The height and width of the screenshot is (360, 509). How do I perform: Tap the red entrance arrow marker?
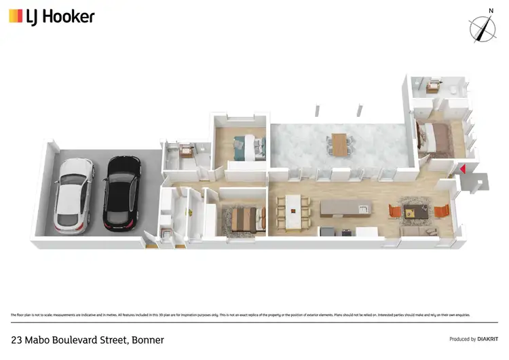pos(462,169)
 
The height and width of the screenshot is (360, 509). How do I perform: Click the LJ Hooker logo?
pos(52,16)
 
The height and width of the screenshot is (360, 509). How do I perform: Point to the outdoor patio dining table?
pos(339,145)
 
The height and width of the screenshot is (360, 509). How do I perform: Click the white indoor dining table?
pos(293,211)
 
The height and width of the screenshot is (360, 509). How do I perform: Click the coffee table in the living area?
pos(415,212)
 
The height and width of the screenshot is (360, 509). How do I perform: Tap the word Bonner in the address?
pos(148,340)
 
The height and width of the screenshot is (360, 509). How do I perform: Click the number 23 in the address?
pos(17,340)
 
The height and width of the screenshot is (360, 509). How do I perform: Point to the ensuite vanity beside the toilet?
pos(432,86)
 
